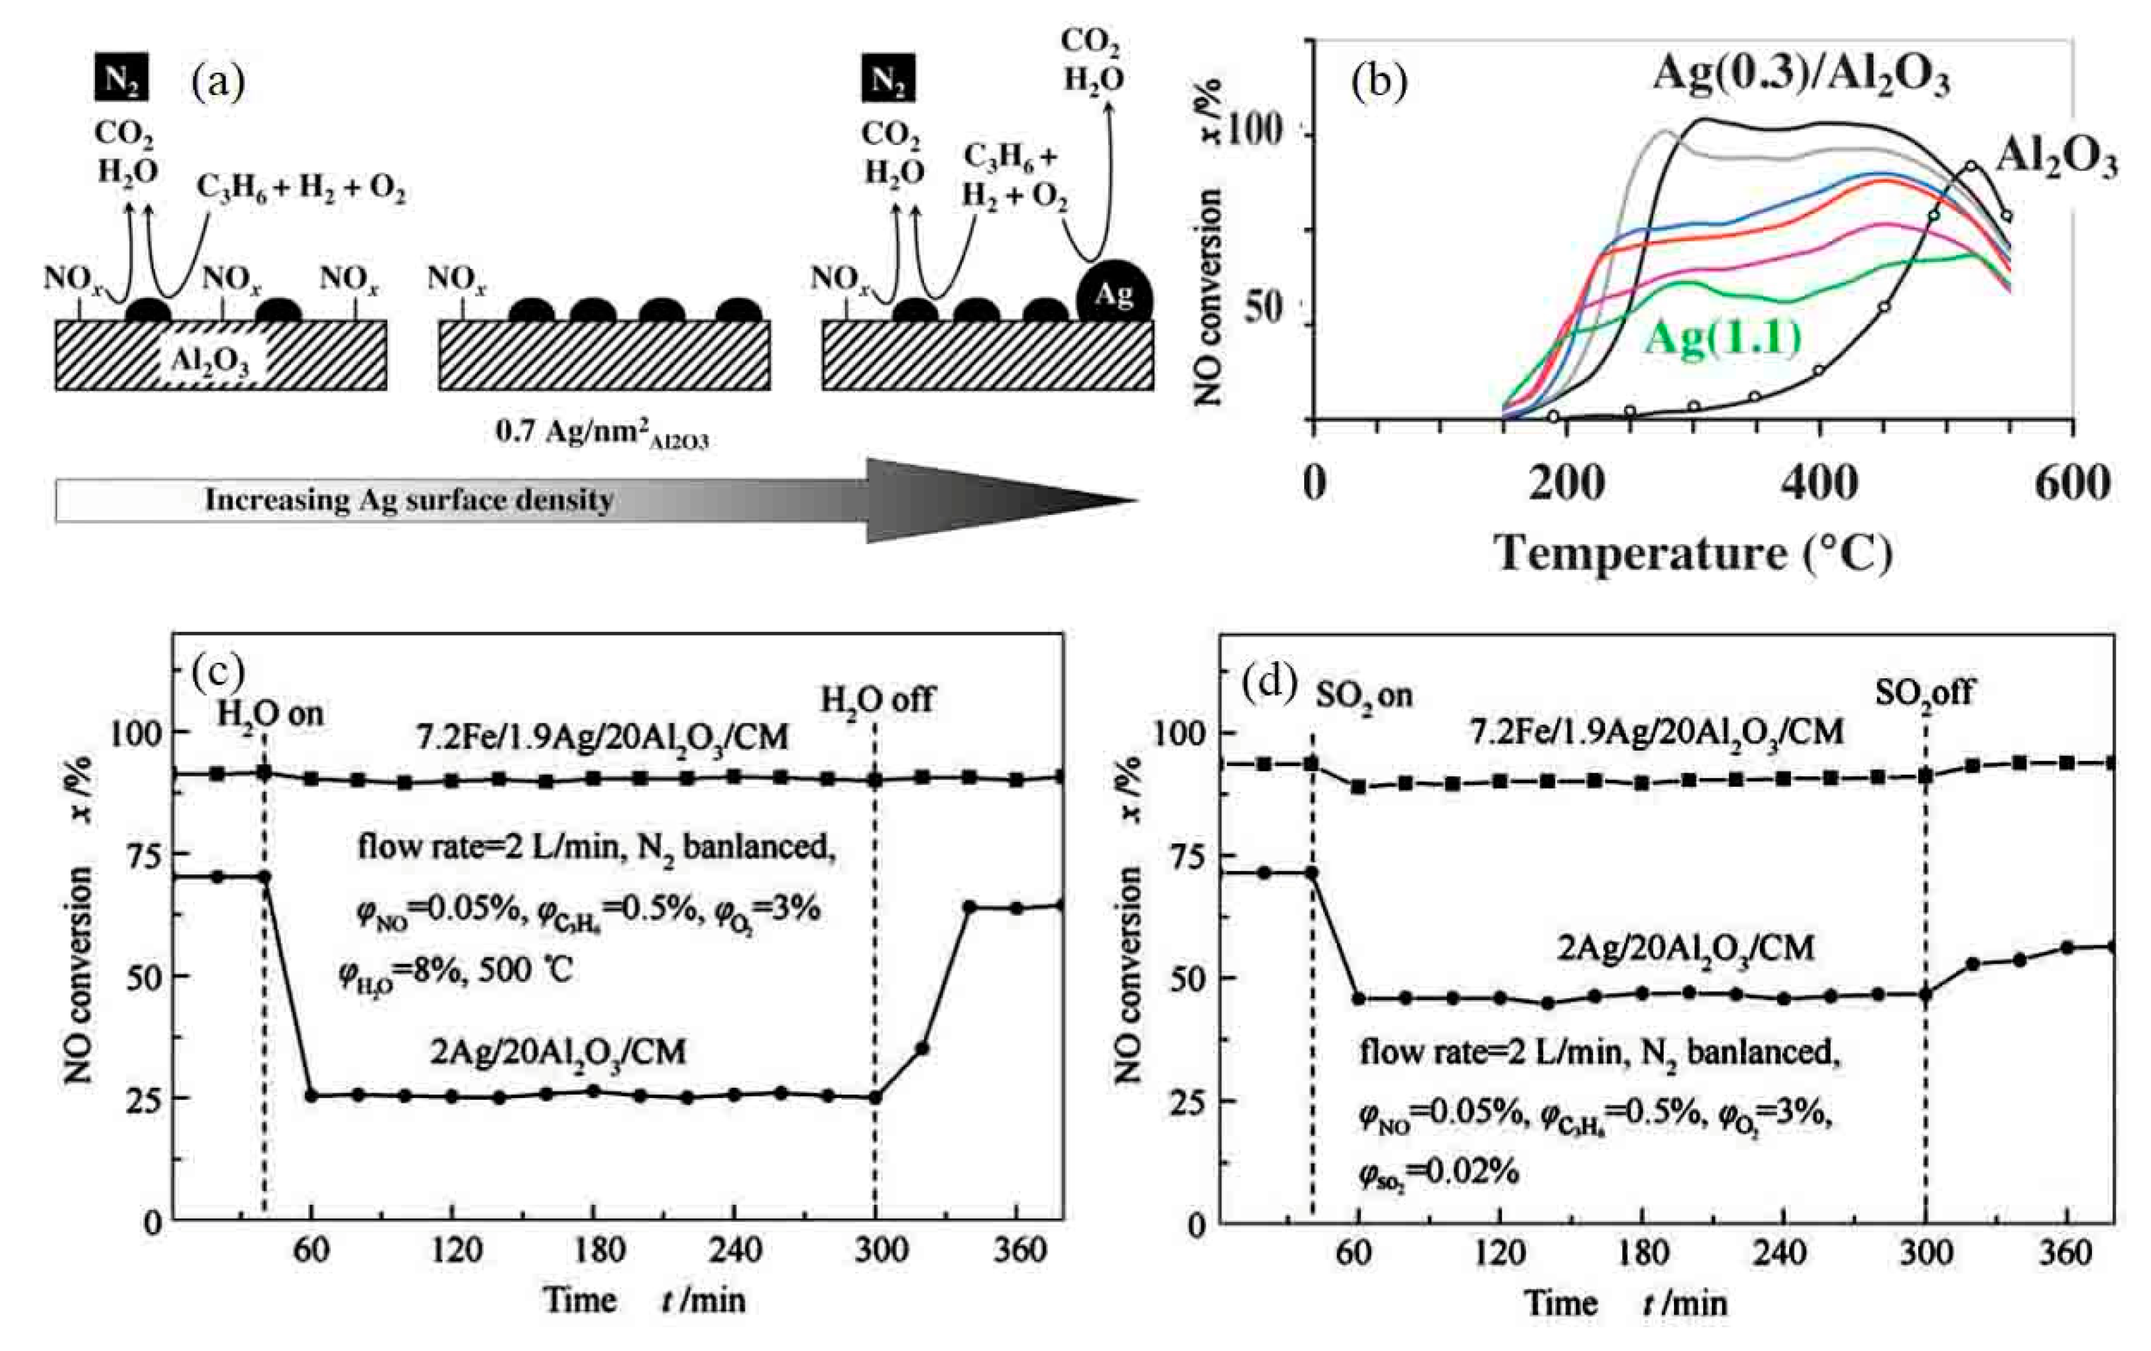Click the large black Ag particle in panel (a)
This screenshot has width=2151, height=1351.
pyautogui.click(x=1114, y=293)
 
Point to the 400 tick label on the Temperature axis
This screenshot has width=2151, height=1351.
pyautogui.click(x=1819, y=483)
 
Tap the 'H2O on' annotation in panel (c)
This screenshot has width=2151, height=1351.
pyautogui.click(x=270, y=713)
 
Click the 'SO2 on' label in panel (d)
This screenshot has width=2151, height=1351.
pyautogui.click(x=1364, y=694)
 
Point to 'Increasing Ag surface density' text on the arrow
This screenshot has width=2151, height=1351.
pyautogui.click(x=409, y=500)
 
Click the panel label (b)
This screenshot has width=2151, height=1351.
pyautogui.click(x=1379, y=82)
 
